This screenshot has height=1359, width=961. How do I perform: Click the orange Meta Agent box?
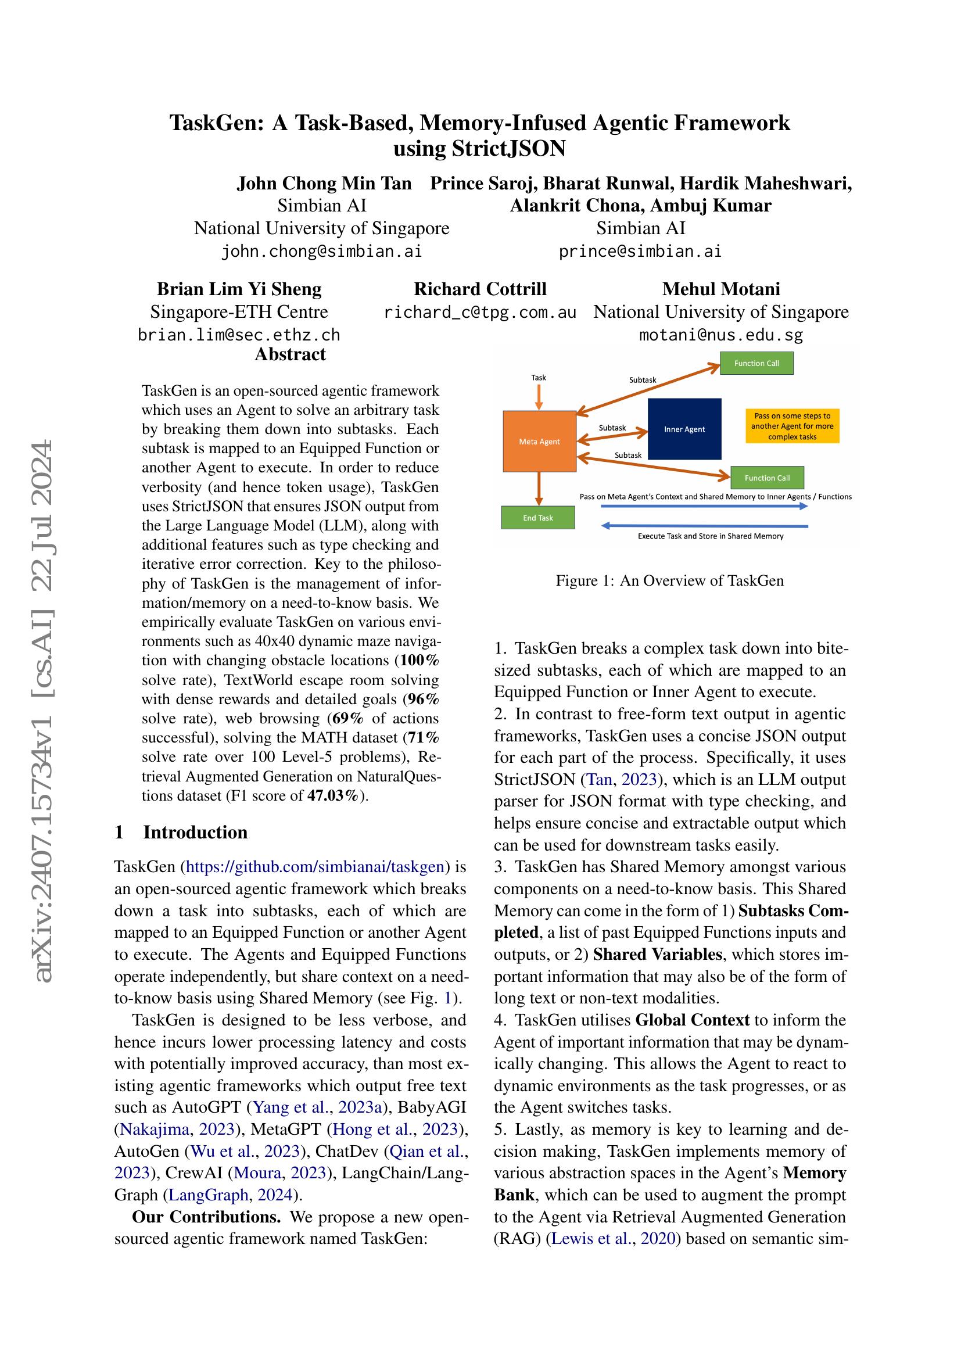click(539, 441)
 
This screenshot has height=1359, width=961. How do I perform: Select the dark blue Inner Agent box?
click(684, 429)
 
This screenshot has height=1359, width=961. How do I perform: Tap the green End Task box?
click(538, 517)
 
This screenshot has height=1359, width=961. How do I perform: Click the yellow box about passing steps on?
click(792, 426)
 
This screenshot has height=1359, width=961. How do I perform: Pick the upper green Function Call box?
click(756, 363)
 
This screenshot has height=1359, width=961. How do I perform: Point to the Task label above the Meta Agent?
click(539, 378)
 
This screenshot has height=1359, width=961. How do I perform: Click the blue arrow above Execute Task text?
click(704, 526)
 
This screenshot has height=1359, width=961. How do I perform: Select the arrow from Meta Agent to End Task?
click(539, 488)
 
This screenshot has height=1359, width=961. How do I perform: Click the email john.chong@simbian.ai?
click(321, 252)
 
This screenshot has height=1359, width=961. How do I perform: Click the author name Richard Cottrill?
click(480, 289)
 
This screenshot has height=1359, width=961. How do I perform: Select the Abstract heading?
click(290, 354)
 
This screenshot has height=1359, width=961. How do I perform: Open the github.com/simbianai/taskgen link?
click(315, 867)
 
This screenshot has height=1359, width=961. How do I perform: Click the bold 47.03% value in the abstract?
click(332, 795)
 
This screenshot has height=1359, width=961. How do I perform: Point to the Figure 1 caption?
click(669, 580)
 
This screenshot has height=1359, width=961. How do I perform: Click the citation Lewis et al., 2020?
click(613, 1239)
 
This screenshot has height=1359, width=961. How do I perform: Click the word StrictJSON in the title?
click(508, 148)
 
